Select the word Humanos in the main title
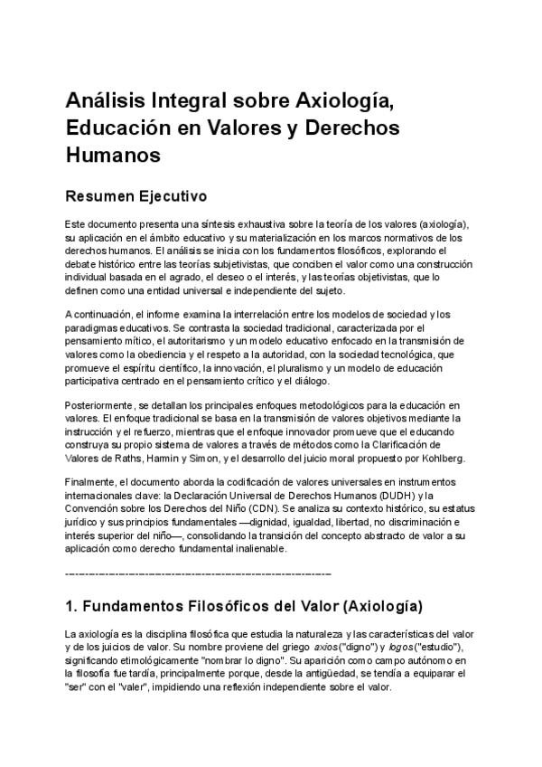pos(113,154)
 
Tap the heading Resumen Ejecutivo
pos(136,196)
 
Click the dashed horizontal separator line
pos(198,573)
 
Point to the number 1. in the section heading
pos(73,605)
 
